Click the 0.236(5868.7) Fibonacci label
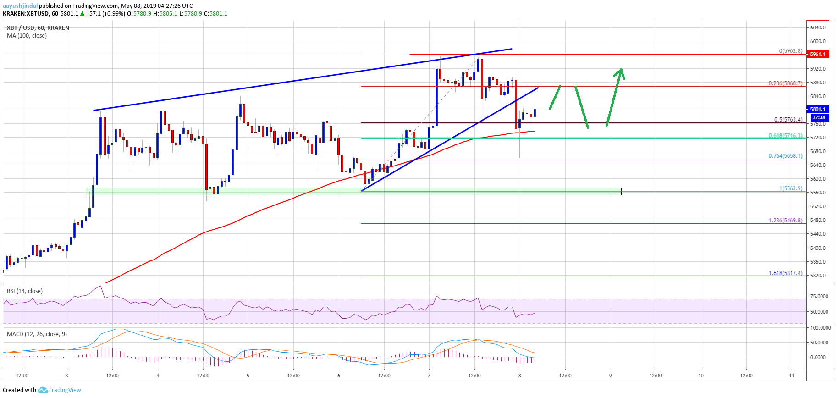pyautogui.click(x=785, y=83)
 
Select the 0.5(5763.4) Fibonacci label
pyautogui.click(x=788, y=120)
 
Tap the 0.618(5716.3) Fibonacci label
pyautogui.click(x=785, y=136)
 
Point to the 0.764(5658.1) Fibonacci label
pyautogui.click(x=785, y=156)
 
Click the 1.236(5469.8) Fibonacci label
pyautogui.click(x=785, y=221)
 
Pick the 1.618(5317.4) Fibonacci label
pyautogui.click(x=785, y=273)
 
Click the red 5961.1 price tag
pyautogui.click(x=817, y=54)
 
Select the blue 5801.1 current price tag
pyautogui.click(x=817, y=109)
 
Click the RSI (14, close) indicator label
pyautogui.click(x=25, y=291)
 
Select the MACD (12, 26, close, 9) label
pyautogui.click(x=37, y=334)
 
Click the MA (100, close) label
pyautogui.click(x=27, y=36)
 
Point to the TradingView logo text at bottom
pyautogui.click(x=65, y=390)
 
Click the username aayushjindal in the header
pyautogui.click(x=20, y=6)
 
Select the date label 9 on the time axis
pyautogui.click(x=610, y=376)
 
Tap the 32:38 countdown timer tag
pyautogui.click(x=818, y=117)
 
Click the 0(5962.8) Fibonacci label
pyautogui.click(x=791, y=51)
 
